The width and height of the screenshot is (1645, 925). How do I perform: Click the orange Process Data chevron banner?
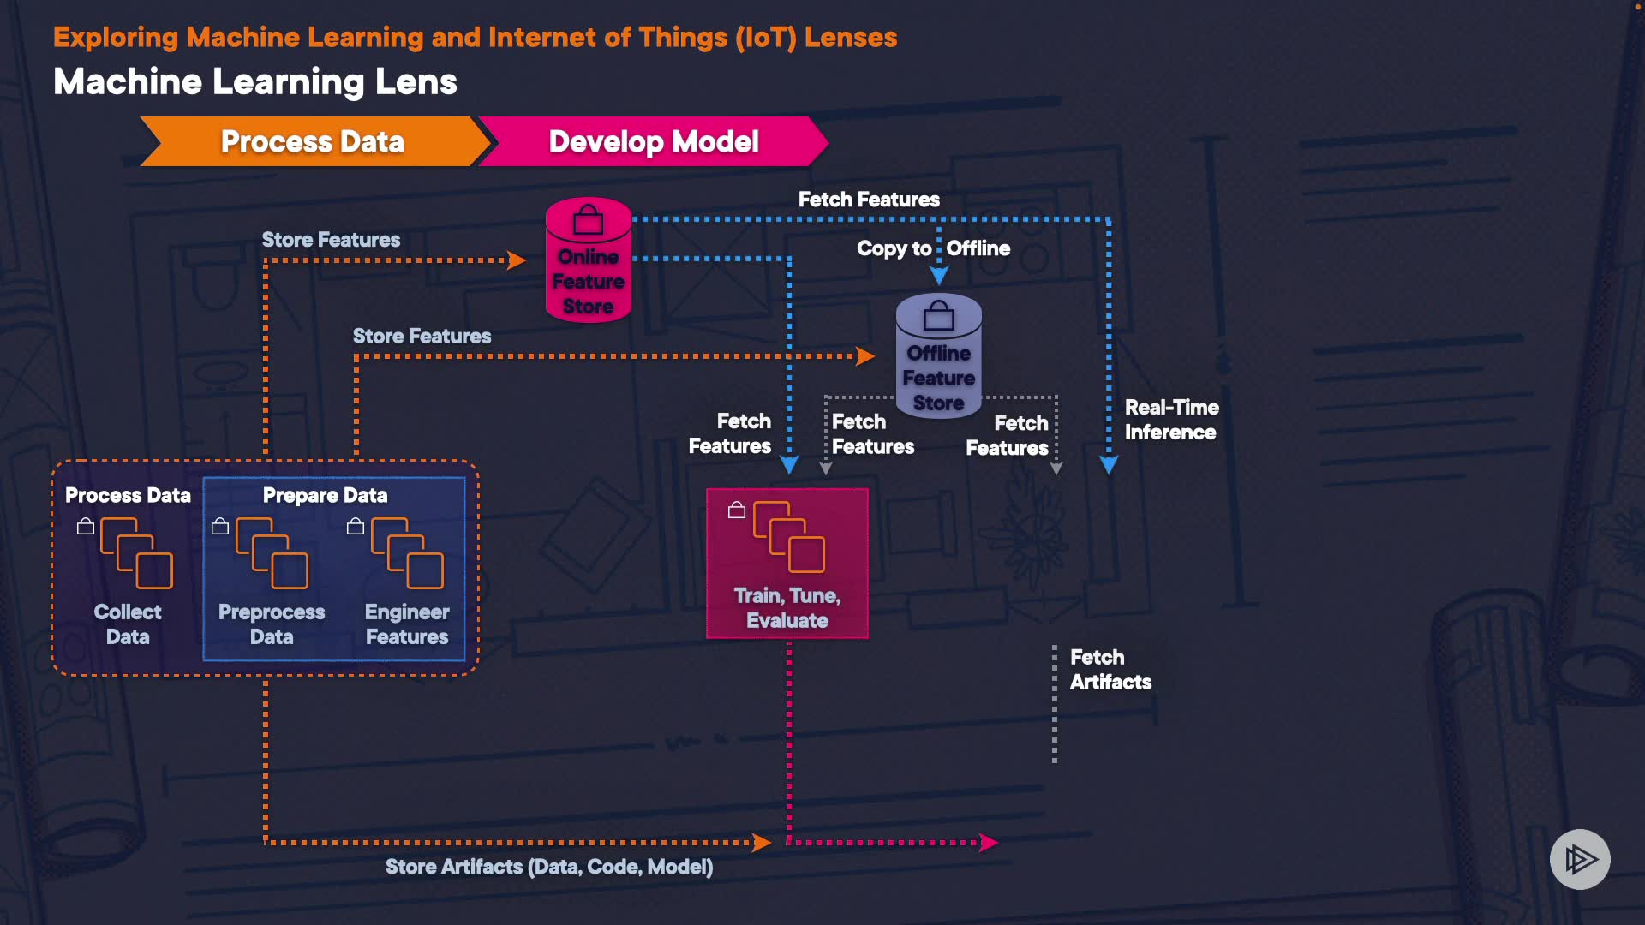[x=313, y=141]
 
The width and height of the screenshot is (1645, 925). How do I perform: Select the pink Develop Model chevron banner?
[x=653, y=141]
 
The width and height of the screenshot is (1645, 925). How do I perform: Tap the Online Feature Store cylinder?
[x=589, y=260]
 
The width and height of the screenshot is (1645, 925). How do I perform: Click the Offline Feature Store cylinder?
[x=939, y=356]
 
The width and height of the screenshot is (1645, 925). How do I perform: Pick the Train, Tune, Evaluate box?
[x=787, y=564]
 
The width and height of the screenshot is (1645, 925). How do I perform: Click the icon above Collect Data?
[x=136, y=552]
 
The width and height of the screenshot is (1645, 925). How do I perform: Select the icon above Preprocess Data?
[x=272, y=552]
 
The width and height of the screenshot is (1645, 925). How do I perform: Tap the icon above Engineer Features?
[x=407, y=552]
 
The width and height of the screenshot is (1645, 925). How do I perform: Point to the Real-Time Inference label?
[x=1171, y=420]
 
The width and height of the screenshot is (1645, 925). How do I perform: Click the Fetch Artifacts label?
[x=1110, y=670]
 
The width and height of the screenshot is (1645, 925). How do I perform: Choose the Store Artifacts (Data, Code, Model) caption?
[x=549, y=867]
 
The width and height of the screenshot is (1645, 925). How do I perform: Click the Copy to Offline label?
[x=933, y=248]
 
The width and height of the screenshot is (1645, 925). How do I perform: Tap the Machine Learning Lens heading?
[x=255, y=82]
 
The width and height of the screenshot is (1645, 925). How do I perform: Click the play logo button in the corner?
[x=1580, y=859]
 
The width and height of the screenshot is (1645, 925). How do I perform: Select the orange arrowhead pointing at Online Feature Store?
[x=517, y=260]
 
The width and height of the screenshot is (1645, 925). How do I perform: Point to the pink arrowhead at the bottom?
[x=989, y=843]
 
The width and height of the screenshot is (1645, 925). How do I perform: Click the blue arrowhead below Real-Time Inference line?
[x=1109, y=465]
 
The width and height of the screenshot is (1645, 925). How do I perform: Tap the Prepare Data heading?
[x=325, y=495]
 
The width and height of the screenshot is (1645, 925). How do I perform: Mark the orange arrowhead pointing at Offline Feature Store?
[x=865, y=356]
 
